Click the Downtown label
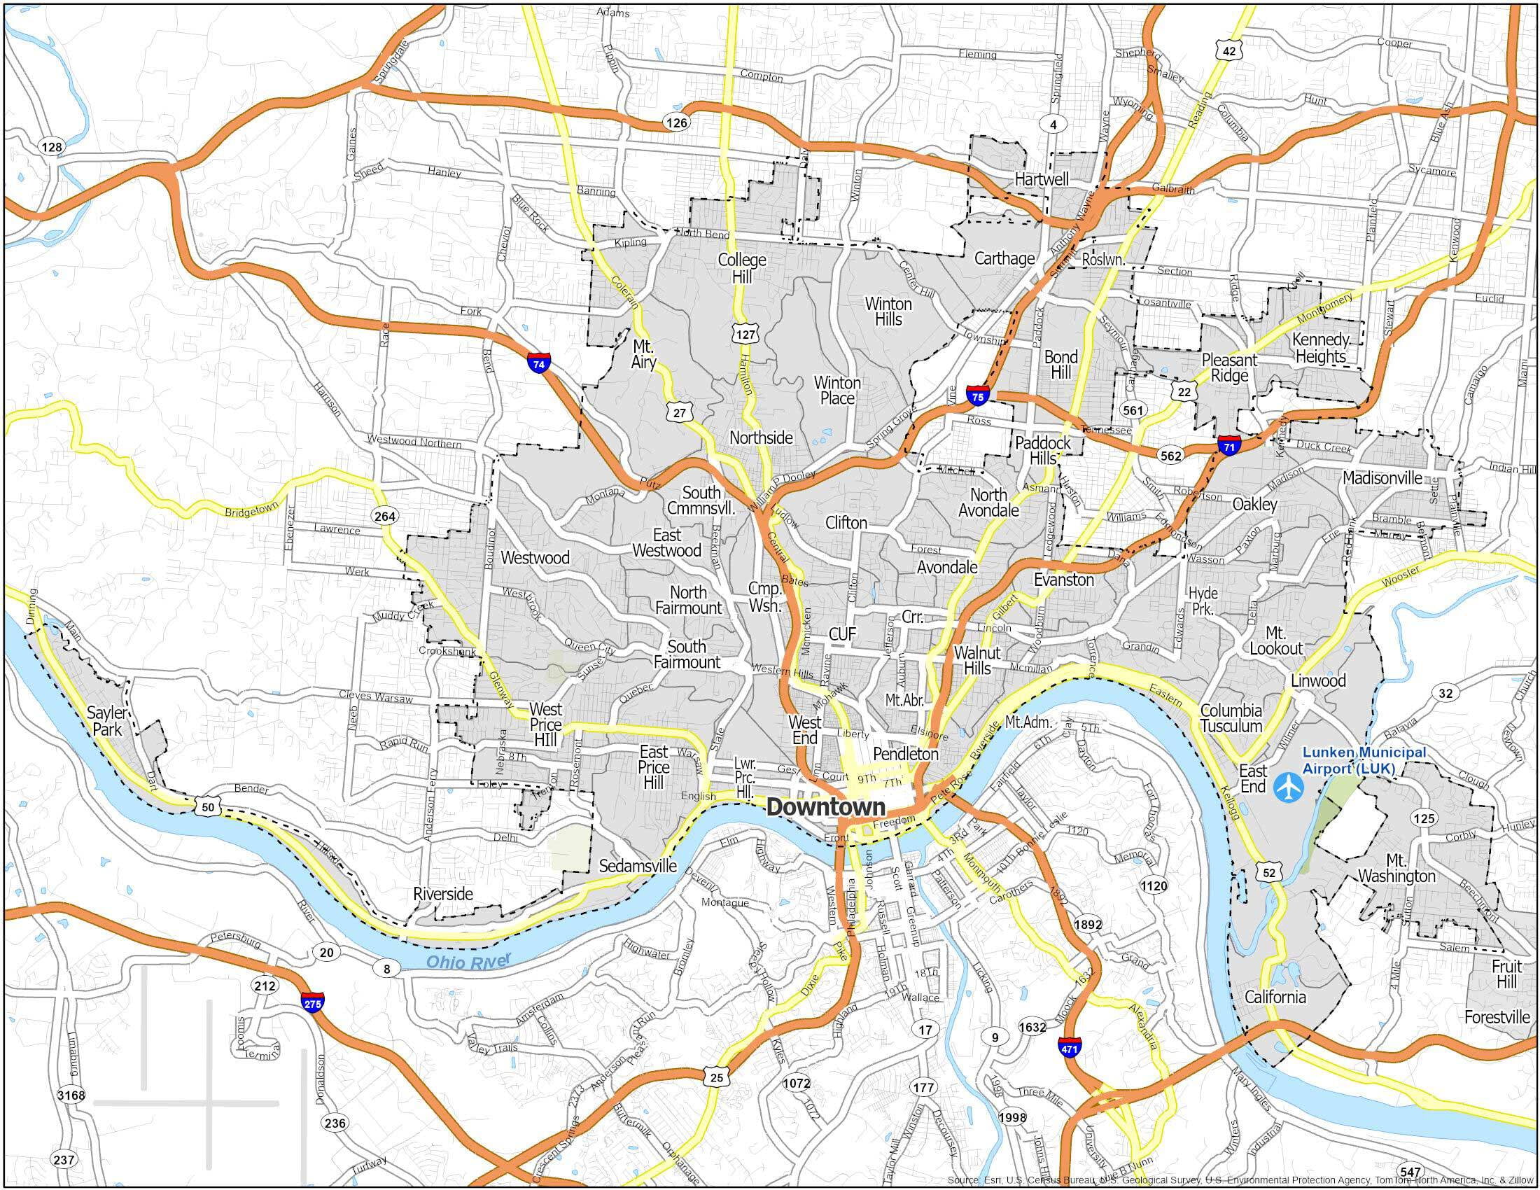tap(825, 807)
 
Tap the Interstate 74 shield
tap(538, 364)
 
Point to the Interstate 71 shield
tap(1228, 445)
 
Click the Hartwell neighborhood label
tap(1042, 179)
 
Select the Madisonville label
tap(1382, 477)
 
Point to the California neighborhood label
tap(1275, 997)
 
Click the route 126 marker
tap(675, 122)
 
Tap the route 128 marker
tap(52, 146)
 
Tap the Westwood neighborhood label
tap(535, 557)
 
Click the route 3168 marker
tap(71, 1095)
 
